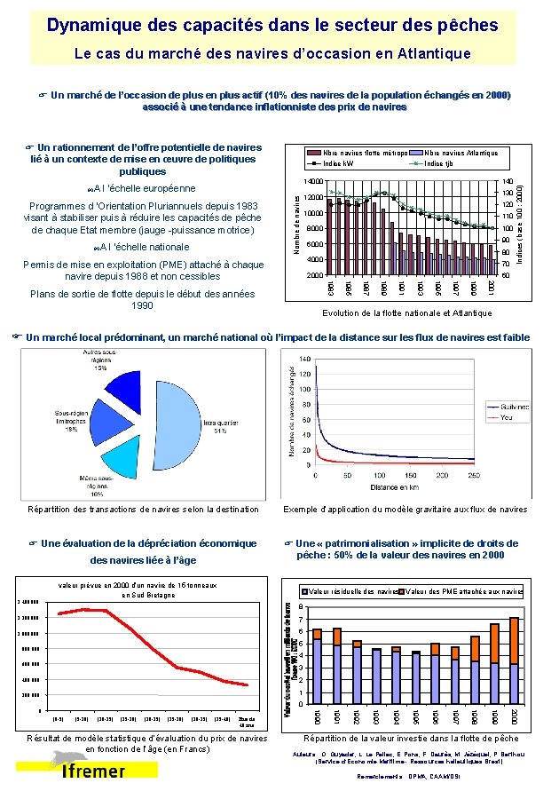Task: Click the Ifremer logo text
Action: (x=93, y=771)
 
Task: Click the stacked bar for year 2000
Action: (x=514, y=656)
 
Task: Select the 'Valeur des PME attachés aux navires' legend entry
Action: (x=461, y=591)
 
